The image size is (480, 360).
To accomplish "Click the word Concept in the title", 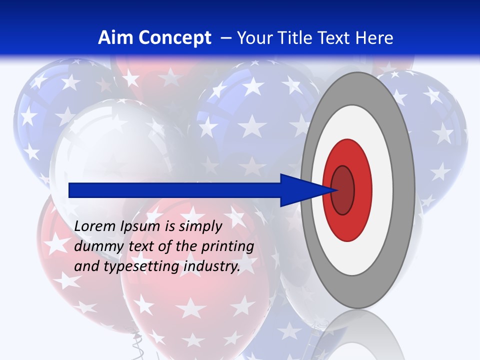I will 174,38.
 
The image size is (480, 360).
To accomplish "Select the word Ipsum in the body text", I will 139,227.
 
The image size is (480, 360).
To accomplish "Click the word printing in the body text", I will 227,247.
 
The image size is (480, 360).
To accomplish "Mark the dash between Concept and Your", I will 226,38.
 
